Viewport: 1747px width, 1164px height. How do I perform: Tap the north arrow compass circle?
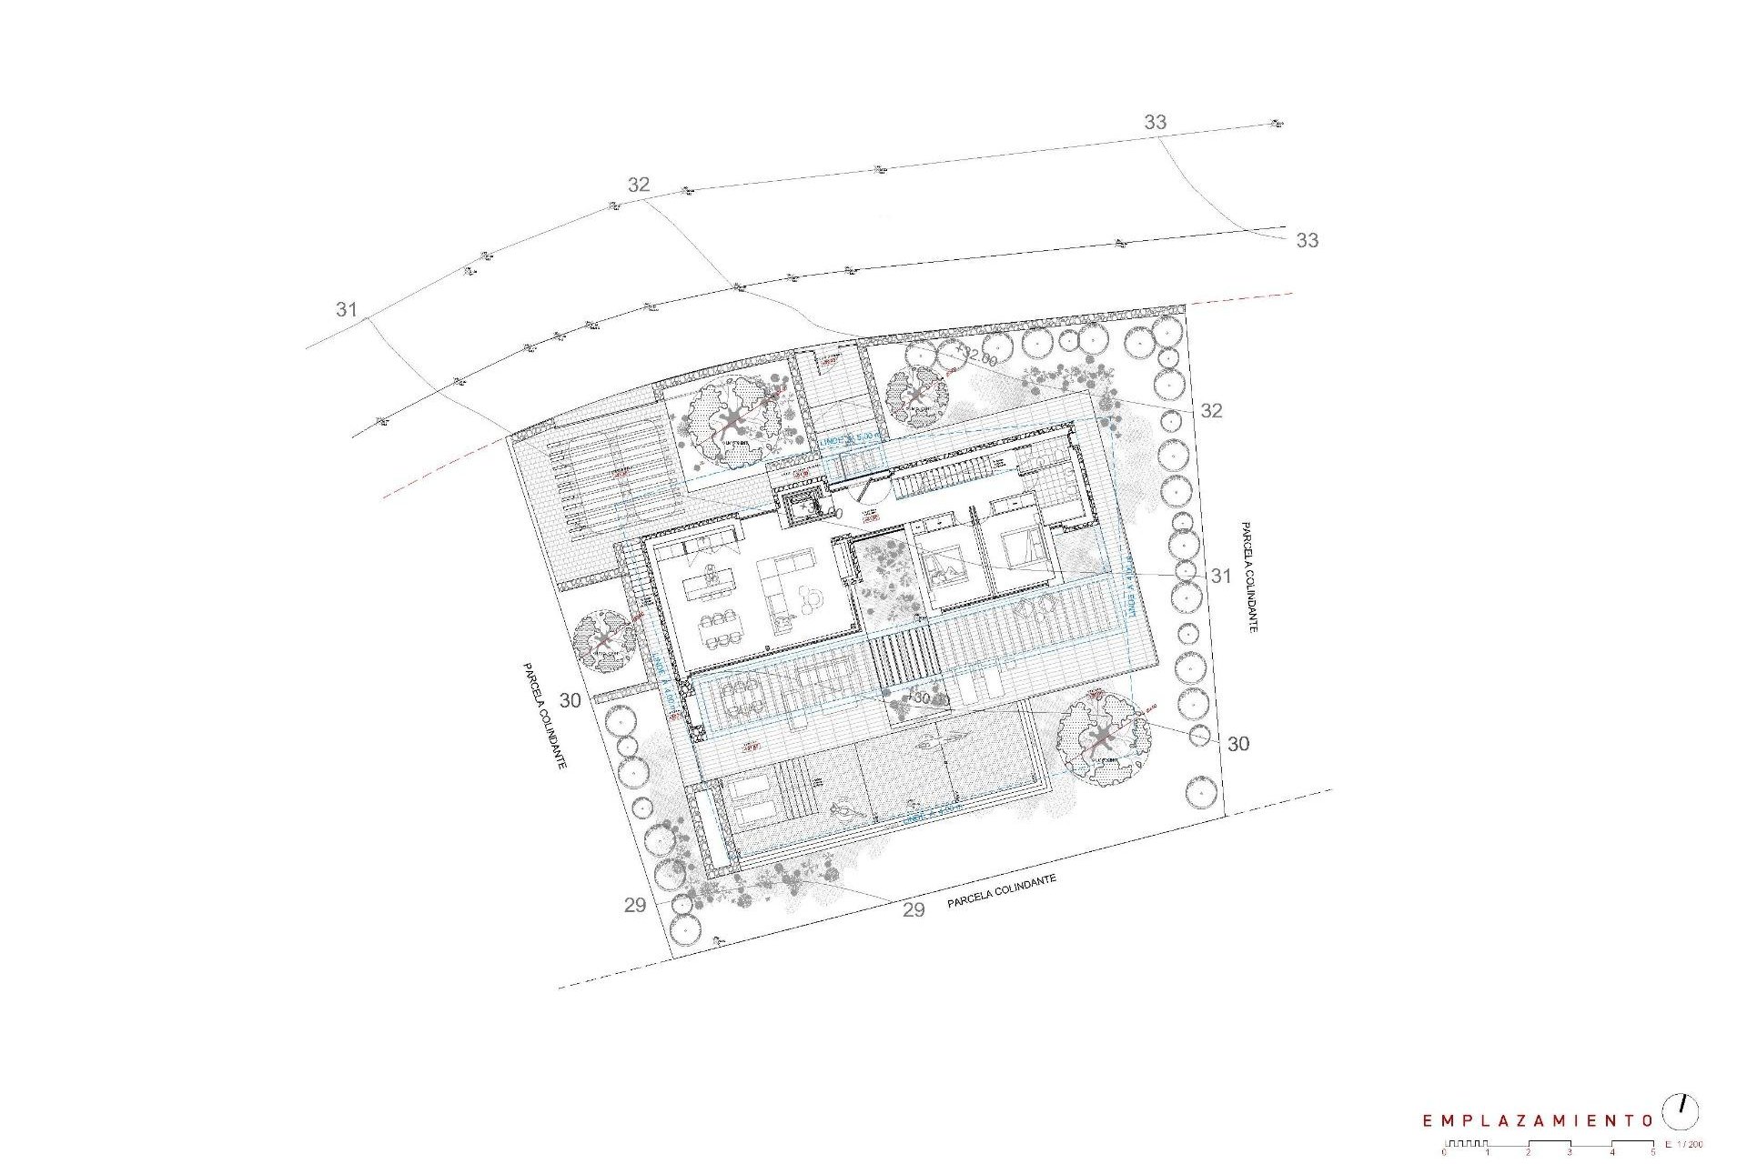1681,1112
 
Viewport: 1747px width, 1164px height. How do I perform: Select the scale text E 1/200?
1683,1145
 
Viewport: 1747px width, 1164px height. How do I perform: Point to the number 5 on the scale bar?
1653,1152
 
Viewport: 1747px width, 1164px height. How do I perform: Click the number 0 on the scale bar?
1444,1152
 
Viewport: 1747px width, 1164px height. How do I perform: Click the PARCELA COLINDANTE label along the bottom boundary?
1001,892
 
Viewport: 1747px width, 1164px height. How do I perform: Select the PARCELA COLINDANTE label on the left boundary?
544,716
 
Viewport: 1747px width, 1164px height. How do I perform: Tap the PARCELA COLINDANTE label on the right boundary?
1248,577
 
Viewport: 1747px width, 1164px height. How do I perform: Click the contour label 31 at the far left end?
346,310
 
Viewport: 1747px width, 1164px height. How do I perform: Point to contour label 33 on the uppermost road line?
1155,122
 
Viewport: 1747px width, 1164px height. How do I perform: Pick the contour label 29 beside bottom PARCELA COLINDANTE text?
914,910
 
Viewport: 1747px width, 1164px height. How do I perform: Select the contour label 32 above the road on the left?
639,185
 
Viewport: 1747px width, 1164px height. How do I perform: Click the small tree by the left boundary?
605,641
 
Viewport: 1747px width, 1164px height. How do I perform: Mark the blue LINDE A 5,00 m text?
850,438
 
